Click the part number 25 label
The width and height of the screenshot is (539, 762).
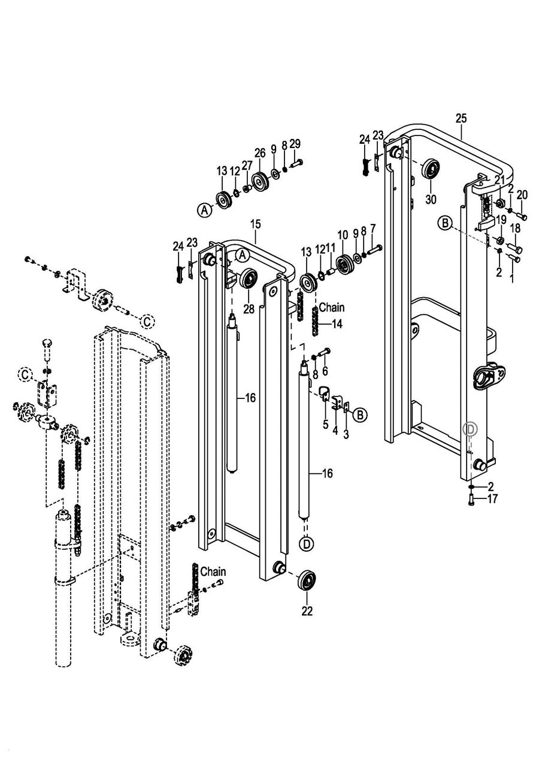click(461, 119)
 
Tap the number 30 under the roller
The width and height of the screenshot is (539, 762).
click(431, 199)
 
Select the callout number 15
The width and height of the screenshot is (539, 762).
click(256, 224)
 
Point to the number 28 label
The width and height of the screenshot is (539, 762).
click(249, 309)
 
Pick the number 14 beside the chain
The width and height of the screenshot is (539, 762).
click(337, 324)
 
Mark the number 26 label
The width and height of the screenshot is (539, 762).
click(260, 153)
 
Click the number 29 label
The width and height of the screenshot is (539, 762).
click(295, 144)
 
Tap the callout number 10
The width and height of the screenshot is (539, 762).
click(343, 235)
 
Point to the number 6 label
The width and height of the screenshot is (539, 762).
click(325, 371)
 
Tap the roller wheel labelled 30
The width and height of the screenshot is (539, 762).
click(431, 169)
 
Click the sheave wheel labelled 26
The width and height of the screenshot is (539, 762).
click(261, 181)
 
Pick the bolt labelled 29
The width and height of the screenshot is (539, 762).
click(296, 164)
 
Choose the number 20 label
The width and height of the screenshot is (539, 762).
click(522, 195)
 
